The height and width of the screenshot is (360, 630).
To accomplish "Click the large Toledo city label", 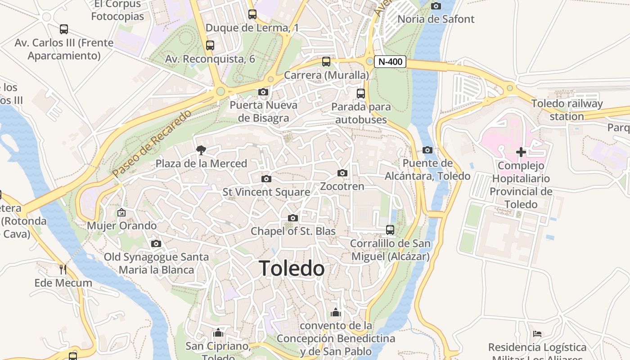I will tap(292, 269).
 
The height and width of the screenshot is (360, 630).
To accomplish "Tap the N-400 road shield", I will tap(391, 62).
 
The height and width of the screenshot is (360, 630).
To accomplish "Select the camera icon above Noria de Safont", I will tap(436, 6).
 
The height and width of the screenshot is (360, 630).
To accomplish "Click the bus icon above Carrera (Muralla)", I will tap(326, 62).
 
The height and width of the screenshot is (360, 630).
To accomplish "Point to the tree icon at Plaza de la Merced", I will tap(201, 150).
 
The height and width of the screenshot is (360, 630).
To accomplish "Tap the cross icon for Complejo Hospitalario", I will tap(521, 152).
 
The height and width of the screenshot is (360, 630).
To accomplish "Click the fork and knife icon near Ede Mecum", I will tap(63, 270).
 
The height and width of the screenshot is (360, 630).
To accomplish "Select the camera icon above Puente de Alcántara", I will tap(427, 150).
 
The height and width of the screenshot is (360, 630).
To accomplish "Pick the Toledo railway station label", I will tap(567, 110).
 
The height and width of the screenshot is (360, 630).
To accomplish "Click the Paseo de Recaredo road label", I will tap(152, 143).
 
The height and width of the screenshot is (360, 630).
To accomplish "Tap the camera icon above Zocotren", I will tap(342, 173).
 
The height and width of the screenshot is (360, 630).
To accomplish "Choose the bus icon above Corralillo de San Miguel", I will tap(390, 230).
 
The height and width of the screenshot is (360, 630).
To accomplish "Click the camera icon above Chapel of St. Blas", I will tap(293, 218).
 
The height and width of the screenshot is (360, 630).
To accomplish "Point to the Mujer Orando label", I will tap(122, 225).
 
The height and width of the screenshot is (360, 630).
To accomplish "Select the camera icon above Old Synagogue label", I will tap(156, 243).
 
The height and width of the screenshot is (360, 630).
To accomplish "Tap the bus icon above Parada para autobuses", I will tap(361, 94).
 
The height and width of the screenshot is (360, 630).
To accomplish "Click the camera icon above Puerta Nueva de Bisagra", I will tap(263, 92).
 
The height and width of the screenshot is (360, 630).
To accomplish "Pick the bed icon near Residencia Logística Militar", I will tap(537, 333).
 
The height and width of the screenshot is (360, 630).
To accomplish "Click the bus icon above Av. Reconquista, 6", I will tap(210, 45).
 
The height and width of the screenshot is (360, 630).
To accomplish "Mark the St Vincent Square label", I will tap(266, 192).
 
